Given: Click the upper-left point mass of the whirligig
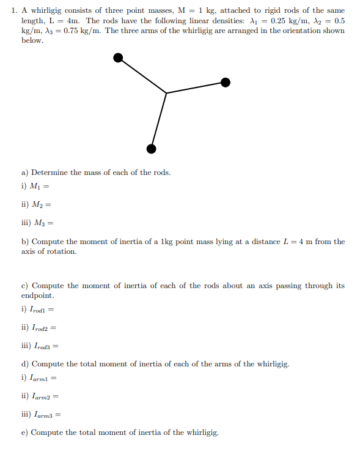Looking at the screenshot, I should (x=119, y=57).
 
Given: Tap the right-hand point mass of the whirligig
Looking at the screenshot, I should (x=226, y=83).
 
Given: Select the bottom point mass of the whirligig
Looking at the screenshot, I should (x=151, y=149).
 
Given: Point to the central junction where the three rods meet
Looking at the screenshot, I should (x=167, y=93).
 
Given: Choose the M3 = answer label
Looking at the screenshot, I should (x=37, y=223).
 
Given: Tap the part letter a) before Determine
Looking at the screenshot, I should (x=25, y=172).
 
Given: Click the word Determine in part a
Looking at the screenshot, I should (x=50, y=172).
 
